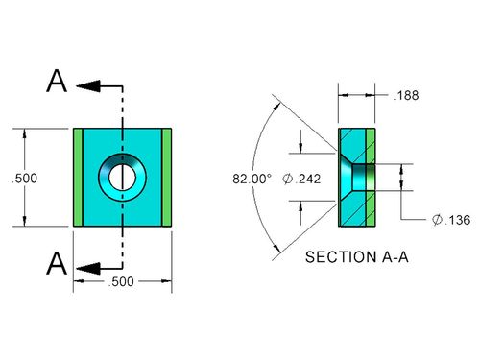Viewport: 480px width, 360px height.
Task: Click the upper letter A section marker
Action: click(57, 81)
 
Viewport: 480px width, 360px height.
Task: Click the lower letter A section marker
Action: click(57, 263)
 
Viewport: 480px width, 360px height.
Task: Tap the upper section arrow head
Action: click(88, 86)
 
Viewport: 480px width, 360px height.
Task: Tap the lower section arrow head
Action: click(88, 268)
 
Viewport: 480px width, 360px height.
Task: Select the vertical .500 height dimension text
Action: click(24, 179)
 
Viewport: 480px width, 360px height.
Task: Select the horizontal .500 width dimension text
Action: click(121, 281)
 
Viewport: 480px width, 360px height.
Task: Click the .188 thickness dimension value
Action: click(406, 95)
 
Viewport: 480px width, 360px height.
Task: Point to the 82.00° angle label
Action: click(252, 179)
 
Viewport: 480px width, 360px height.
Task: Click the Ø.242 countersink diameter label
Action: click(301, 179)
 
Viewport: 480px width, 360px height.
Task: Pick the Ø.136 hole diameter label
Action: click(451, 220)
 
